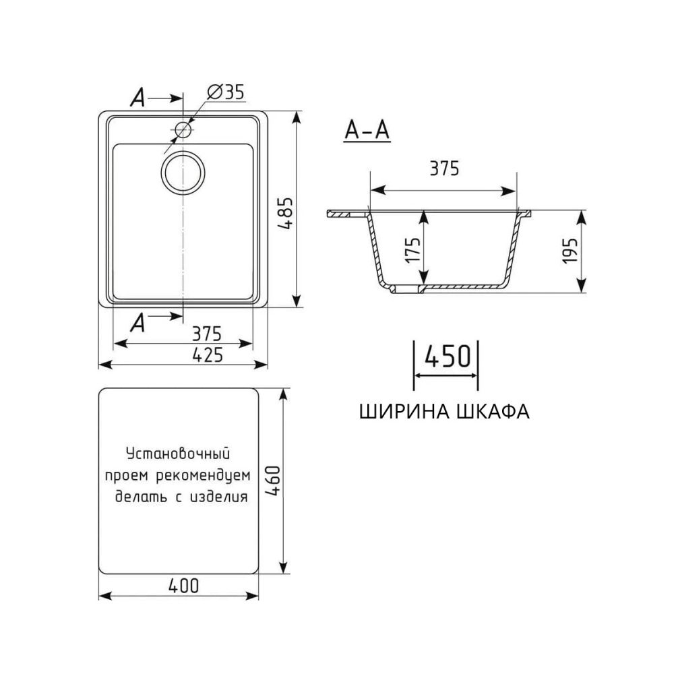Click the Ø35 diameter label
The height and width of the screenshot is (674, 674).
point(225,93)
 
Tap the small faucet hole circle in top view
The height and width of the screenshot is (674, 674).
point(183,129)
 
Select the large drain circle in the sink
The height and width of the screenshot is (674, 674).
point(183,173)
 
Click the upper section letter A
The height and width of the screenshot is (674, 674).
point(137,99)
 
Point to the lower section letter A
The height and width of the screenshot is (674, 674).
point(137,324)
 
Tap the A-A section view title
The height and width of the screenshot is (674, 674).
point(367,130)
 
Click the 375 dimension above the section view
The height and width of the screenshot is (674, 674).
point(443,169)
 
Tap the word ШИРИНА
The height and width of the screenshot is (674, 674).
point(405,411)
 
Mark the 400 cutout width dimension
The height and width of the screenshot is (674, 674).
point(183,586)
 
